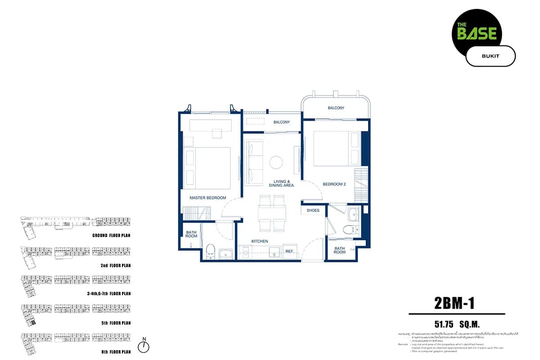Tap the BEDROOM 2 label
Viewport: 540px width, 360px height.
tap(334, 184)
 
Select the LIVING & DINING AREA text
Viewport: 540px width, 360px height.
tap(281, 183)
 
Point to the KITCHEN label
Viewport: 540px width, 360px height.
tap(260, 242)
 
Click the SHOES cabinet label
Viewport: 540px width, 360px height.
tap(313, 211)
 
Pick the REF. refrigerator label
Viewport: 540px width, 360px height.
tap(289, 252)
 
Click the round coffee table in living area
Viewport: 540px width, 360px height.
tap(276, 162)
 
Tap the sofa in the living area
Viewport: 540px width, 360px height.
tap(254, 162)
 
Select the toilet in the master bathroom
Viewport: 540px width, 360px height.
tap(210, 250)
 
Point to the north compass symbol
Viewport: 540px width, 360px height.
tap(144, 346)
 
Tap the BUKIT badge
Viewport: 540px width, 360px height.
tap(490, 56)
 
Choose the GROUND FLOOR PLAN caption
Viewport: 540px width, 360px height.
tap(111, 235)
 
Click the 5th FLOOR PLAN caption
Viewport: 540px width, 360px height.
tap(116, 323)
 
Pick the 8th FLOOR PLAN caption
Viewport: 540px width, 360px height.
tap(116, 352)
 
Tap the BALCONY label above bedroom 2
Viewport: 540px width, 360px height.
tap(336, 108)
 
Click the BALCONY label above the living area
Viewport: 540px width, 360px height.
tap(281, 122)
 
